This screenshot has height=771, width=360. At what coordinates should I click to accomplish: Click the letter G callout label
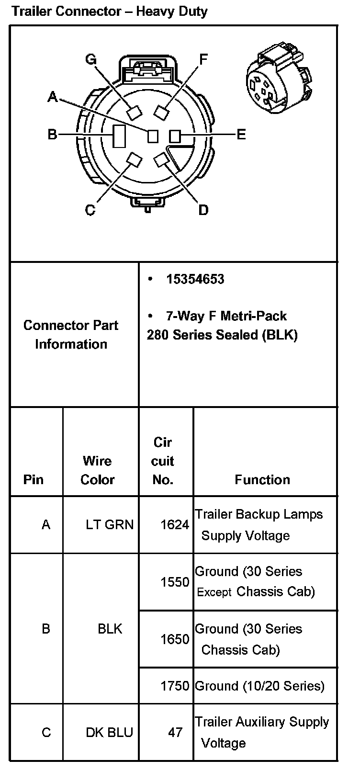point(90,59)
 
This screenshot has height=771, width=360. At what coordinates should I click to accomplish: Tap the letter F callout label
point(203,59)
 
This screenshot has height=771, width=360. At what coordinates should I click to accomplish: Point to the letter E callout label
point(241,135)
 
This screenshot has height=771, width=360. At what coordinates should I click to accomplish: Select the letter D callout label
point(203,210)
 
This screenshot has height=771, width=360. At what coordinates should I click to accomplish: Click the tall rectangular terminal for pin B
point(119,136)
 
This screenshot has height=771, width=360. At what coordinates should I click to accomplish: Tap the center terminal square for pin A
point(153,136)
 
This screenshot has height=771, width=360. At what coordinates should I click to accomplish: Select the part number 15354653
point(195,279)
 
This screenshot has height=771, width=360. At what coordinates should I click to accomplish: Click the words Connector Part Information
point(71,334)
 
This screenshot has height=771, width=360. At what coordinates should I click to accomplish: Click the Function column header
point(262,480)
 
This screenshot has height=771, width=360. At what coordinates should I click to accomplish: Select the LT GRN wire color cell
point(110,525)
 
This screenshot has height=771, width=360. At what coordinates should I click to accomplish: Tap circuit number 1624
point(175,525)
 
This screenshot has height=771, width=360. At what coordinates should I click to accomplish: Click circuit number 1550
point(175,582)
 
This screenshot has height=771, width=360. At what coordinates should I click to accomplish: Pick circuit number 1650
point(175,639)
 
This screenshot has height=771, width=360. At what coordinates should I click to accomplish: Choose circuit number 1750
point(175,686)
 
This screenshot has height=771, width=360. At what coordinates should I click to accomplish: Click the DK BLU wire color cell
point(109,732)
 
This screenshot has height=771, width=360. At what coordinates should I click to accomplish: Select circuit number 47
point(175,732)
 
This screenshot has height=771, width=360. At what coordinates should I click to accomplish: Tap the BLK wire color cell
point(110,628)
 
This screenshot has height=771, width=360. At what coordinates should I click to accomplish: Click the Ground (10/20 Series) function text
point(259,686)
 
